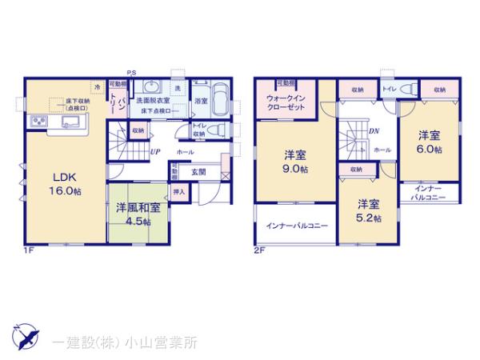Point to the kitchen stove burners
pos(38,122)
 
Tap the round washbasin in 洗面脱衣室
pos(151,88)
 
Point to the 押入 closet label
pos(179,192)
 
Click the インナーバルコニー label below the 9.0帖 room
pos(296,226)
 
